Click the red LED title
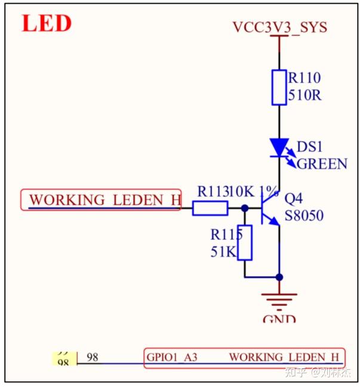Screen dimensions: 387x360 (x=47, y=23)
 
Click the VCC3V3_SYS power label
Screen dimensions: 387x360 (x=279, y=27)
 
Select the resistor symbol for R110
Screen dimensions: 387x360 (x=279, y=87)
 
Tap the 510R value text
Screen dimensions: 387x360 (x=305, y=95)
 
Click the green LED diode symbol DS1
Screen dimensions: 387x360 (x=279, y=147)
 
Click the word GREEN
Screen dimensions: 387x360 (x=322, y=164)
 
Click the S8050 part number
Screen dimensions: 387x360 (x=304, y=215)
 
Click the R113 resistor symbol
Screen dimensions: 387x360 (x=210, y=208)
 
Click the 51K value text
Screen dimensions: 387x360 (x=223, y=251)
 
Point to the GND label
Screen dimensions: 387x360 (x=279, y=319)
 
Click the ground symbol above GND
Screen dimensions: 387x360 (x=279, y=299)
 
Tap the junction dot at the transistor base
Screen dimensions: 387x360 (x=245, y=208)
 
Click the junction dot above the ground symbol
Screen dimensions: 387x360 (x=279, y=277)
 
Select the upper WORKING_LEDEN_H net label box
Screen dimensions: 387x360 (x=101, y=199)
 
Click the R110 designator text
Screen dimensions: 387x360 (x=304, y=78)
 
